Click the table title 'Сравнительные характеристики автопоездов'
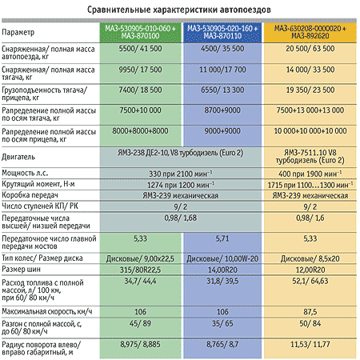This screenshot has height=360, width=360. pyautogui.click(x=179, y=10)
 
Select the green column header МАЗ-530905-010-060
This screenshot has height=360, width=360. pyautogui.click(x=140, y=32)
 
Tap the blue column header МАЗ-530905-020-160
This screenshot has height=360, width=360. pyautogui.click(x=222, y=32)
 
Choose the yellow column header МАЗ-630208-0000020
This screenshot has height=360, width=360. pyautogui.click(x=310, y=32)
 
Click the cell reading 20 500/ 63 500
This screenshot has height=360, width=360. pyautogui.click(x=310, y=49)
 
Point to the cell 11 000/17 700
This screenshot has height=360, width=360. pyautogui.click(x=222, y=70)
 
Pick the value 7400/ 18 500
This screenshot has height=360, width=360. pyautogui.click(x=140, y=90)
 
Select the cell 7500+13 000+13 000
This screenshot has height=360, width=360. pyautogui.click(x=310, y=110)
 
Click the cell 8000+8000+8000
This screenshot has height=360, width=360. pyautogui.click(x=140, y=131)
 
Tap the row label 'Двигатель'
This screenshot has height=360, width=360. pyautogui.click(x=18, y=157)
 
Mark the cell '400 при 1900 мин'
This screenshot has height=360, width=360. pyautogui.click(x=310, y=174)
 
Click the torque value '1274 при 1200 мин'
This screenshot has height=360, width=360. pyautogui.click(x=181, y=185)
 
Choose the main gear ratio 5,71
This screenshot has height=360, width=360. pyautogui.click(x=222, y=238)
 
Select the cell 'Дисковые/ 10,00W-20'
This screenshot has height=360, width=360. pyautogui.click(x=222, y=258)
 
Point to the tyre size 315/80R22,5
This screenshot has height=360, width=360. pyautogui.click(x=140, y=270)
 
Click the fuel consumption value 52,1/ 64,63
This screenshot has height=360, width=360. pyautogui.click(x=310, y=281)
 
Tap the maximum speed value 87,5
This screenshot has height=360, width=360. pyautogui.click(x=310, y=312)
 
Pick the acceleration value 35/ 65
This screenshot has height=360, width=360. pyautogui.click(x=222, y=323)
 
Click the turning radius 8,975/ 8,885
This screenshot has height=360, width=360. pyautogui.click(x=140, y=344)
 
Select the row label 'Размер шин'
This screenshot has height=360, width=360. pyautogui.click(x=21, y=270)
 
